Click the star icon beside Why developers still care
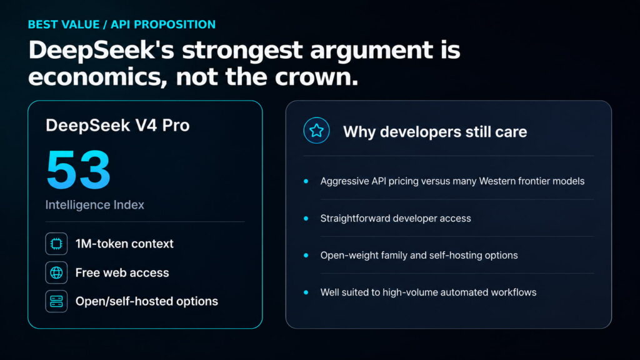pyautogui.click(x=316, y=131)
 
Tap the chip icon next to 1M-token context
pyautogui.click(x=56, y=244)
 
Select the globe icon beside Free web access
pyautogui.click(x=56, y=272)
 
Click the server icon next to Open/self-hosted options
pyautogui.click(x=56, y=301)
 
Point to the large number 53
pyautogui.click(x=78, y=169)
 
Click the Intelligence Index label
pyautogui.click(x=95, y=204)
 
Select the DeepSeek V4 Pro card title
pyautogui.click(x=117, y=125)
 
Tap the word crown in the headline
pyautogui.click(x=316, y=77)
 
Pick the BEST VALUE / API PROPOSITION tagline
pyautogui.click(x=122, y=24)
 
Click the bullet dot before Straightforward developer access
pyautogui.click(x=306, y=218)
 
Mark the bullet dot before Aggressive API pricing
pyautogui.click(x=306, y=181)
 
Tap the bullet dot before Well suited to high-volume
pyautogui.click(x=306, y=292)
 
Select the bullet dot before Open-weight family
pyautogui.click(x=306, y=256)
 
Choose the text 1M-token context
pyautogui.click(x=124, y=244)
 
